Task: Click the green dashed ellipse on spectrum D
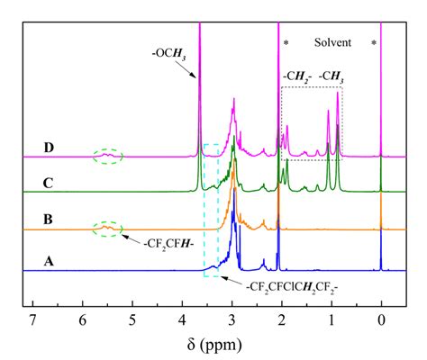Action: [x=106, y=156]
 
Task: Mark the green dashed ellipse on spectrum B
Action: [x=106, y=229]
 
